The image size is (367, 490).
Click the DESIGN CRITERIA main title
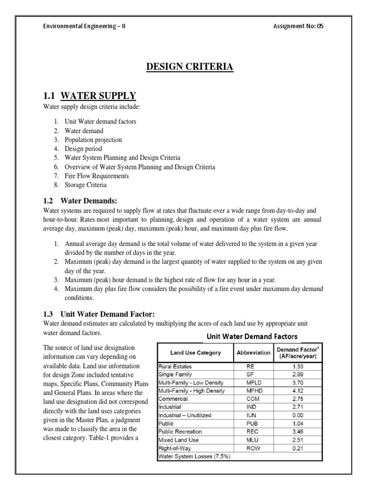[x=190, y=67]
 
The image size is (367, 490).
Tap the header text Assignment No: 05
[x=298, y=26]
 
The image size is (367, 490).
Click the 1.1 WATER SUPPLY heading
[x=90, y=95]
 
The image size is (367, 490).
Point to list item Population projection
[x=93, y=140]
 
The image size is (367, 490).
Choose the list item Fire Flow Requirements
[x=97, y=176]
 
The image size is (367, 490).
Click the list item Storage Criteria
[x=86, y=185]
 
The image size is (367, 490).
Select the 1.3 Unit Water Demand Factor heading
[x=99, y=314]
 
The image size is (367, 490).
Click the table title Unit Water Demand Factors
[x=252, y=336]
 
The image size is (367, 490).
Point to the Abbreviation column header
[x=253, y=353]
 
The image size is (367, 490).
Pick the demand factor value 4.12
[x=297, y=390]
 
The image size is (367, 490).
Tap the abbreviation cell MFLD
[x=253, y=382]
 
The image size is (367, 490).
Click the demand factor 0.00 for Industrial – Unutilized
[x=297, y=415]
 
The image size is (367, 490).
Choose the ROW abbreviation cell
[x=253, y=448]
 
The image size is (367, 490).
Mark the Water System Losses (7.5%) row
[x=188, y=456]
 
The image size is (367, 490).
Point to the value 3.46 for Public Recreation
[x=297, y=432]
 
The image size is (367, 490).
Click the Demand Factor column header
[x=297, y=353]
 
